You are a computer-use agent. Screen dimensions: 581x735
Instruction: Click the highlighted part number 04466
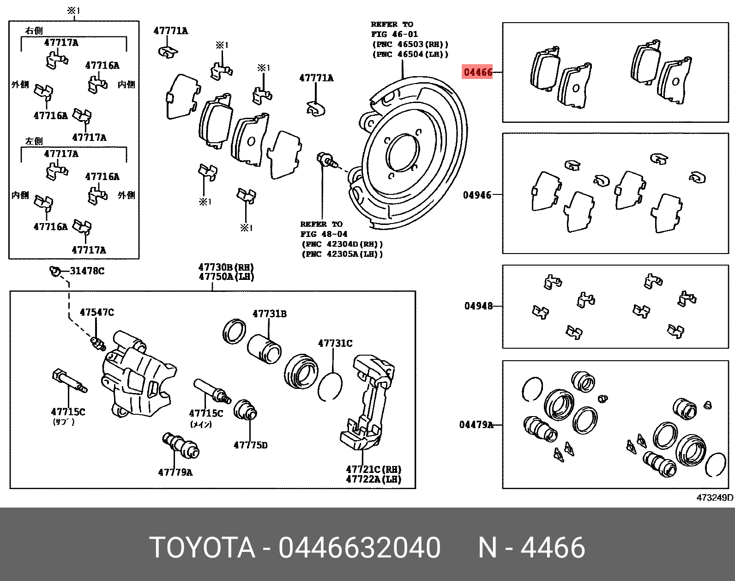[x=478, y=72]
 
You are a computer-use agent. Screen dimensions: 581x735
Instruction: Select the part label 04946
[x=477, y=195]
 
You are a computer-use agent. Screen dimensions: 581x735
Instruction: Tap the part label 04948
[x=478, y=306]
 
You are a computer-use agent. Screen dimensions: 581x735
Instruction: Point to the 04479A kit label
[x=476, y=424]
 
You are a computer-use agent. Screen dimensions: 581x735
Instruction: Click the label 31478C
[x=87, y=271]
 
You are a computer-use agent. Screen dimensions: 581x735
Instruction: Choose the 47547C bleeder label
[x=96, y=312]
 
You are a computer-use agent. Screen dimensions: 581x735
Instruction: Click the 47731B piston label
[x=269, y=314]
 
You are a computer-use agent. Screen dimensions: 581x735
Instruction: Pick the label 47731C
[x=335, y=343]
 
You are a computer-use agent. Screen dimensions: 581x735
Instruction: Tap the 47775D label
[x=250, y=445]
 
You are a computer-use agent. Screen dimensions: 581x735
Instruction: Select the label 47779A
[x=175, y=472]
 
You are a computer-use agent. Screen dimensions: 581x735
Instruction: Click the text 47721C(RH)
[x=374, y=469]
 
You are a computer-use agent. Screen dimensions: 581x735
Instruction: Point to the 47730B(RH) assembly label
[x=226, y=267]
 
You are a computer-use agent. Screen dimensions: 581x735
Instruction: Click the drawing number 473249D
[x=714, y=497]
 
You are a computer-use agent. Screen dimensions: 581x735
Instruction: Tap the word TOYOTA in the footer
[x=202, y=548]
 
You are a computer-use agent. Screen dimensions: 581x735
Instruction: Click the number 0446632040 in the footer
[x=359, y=548]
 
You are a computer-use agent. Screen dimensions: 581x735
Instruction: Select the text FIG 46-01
[x=394, y=34]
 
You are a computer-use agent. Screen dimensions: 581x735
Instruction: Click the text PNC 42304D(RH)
[x=342, y=244]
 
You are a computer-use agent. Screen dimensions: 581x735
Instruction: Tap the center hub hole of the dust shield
[x=403, y=152]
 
